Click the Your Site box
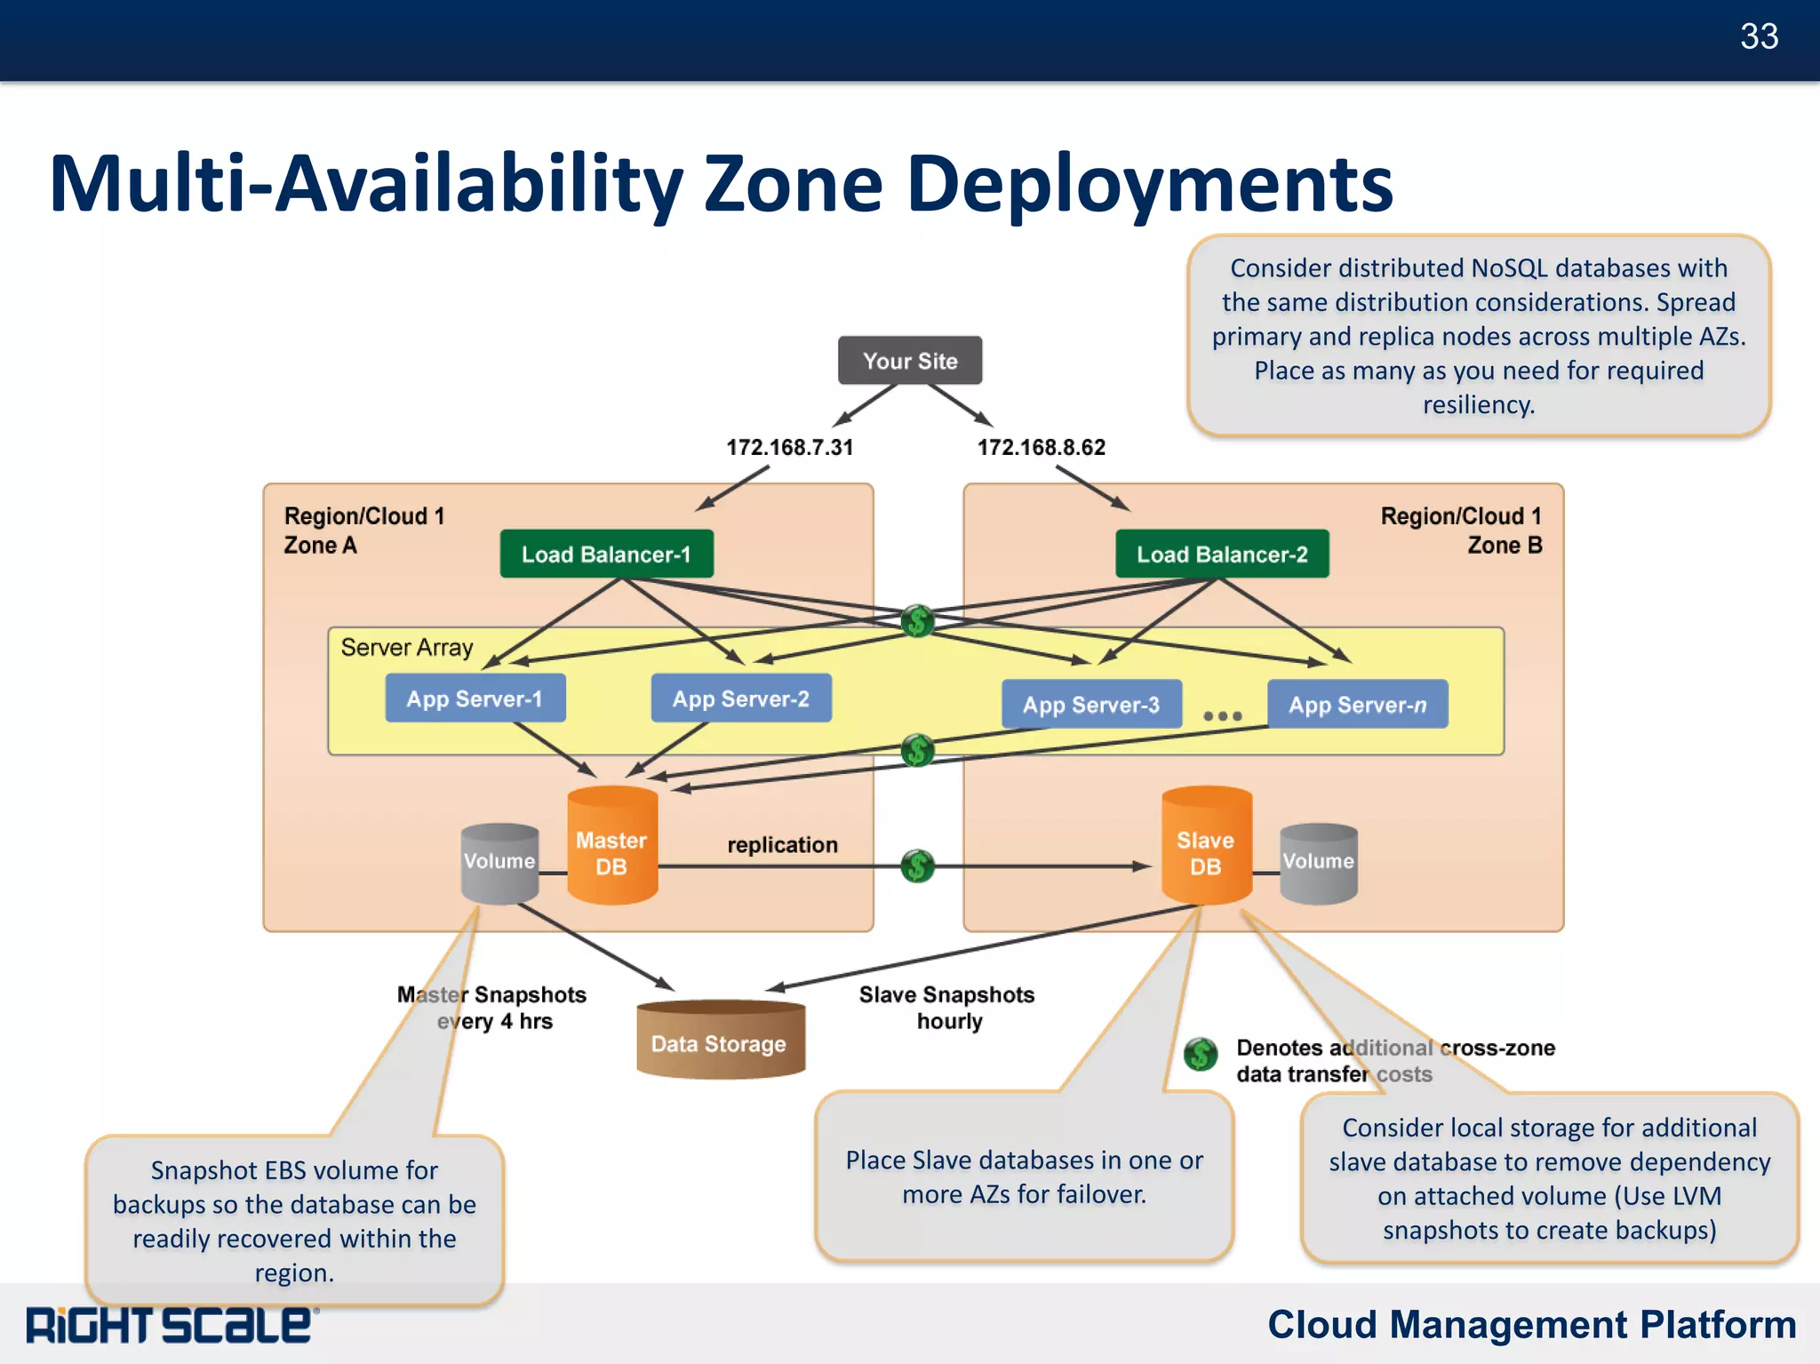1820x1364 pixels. pos(910,361)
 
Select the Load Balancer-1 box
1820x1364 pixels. pos(606,554)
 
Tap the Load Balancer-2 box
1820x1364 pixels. pos(1222,554)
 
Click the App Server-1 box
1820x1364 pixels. pos(475,698)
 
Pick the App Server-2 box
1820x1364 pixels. pos(741,698)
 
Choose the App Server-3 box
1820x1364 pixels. pos(1091,705)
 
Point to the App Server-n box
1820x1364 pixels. pos(1357,705)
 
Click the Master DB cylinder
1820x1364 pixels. pos(612,849)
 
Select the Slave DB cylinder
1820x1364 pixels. pos(1206,849)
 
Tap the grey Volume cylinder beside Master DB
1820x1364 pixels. pos(499,862)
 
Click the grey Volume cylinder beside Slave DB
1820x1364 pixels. pos(1318,862)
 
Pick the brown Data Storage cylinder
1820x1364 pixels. pos(720,1041)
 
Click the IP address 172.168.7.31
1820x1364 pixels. pos(789,447)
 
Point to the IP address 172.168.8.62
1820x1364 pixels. pos(1042,447)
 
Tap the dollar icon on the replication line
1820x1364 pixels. pos(917,865)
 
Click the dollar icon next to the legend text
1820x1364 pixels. pos(1201,1055)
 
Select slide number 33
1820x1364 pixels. pos(1759,36)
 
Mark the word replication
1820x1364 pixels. pos(782,845)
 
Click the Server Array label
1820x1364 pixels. pos(407,648)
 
